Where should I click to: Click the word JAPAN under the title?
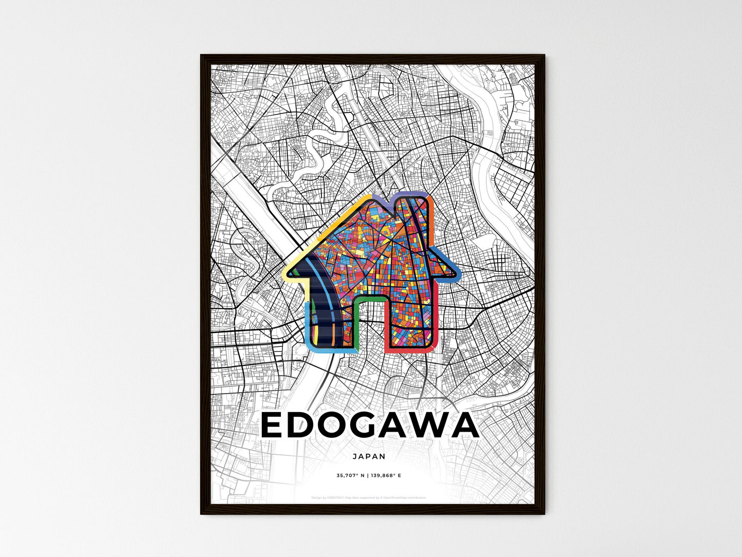pyautogui.click(x=369, y=456)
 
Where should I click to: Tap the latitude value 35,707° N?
pyautogui.click(x=350, y=475)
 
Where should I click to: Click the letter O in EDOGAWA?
pyautogui.click(x=331, y=426)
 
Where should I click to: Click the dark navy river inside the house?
pyautogui.click(x=322, y=319)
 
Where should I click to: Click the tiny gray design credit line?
pyautogui.click(x=369, y=497)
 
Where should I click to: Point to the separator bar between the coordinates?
pyautogui.click(x=368, y=475)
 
